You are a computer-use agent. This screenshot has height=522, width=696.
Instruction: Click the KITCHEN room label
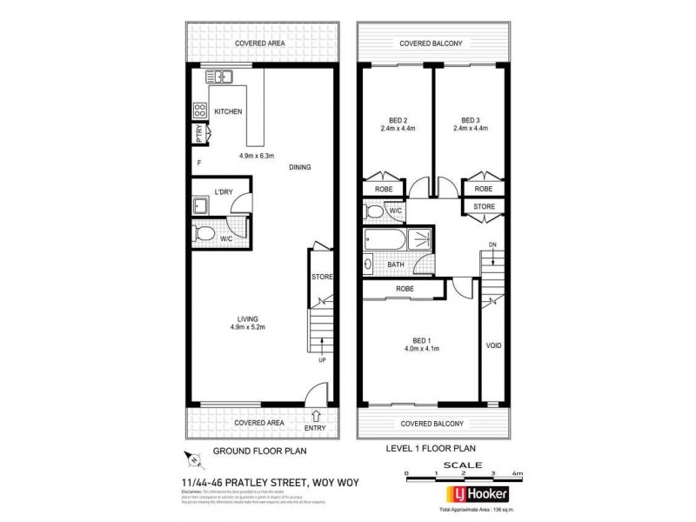tap(227, 111)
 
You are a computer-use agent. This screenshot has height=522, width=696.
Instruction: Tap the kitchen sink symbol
tap(220, 77)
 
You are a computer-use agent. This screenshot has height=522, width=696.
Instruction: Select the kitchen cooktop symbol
tap(199, 110)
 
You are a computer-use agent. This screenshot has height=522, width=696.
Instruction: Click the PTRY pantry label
tap(199, 135)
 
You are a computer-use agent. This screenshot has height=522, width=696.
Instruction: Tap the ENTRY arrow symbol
tap(314, 416)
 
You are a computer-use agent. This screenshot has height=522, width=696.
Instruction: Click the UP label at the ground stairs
tap(322, 360)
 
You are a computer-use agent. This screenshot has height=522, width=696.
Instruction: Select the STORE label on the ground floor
tap(322, 278)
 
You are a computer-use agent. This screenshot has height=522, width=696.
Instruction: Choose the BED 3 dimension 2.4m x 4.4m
tap(470, 129)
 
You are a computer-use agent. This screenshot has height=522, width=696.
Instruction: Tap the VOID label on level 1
tap(494, 345)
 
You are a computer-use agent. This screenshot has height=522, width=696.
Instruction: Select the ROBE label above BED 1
tap(405, 288)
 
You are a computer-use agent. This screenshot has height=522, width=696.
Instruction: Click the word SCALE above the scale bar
tap(461, 465)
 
